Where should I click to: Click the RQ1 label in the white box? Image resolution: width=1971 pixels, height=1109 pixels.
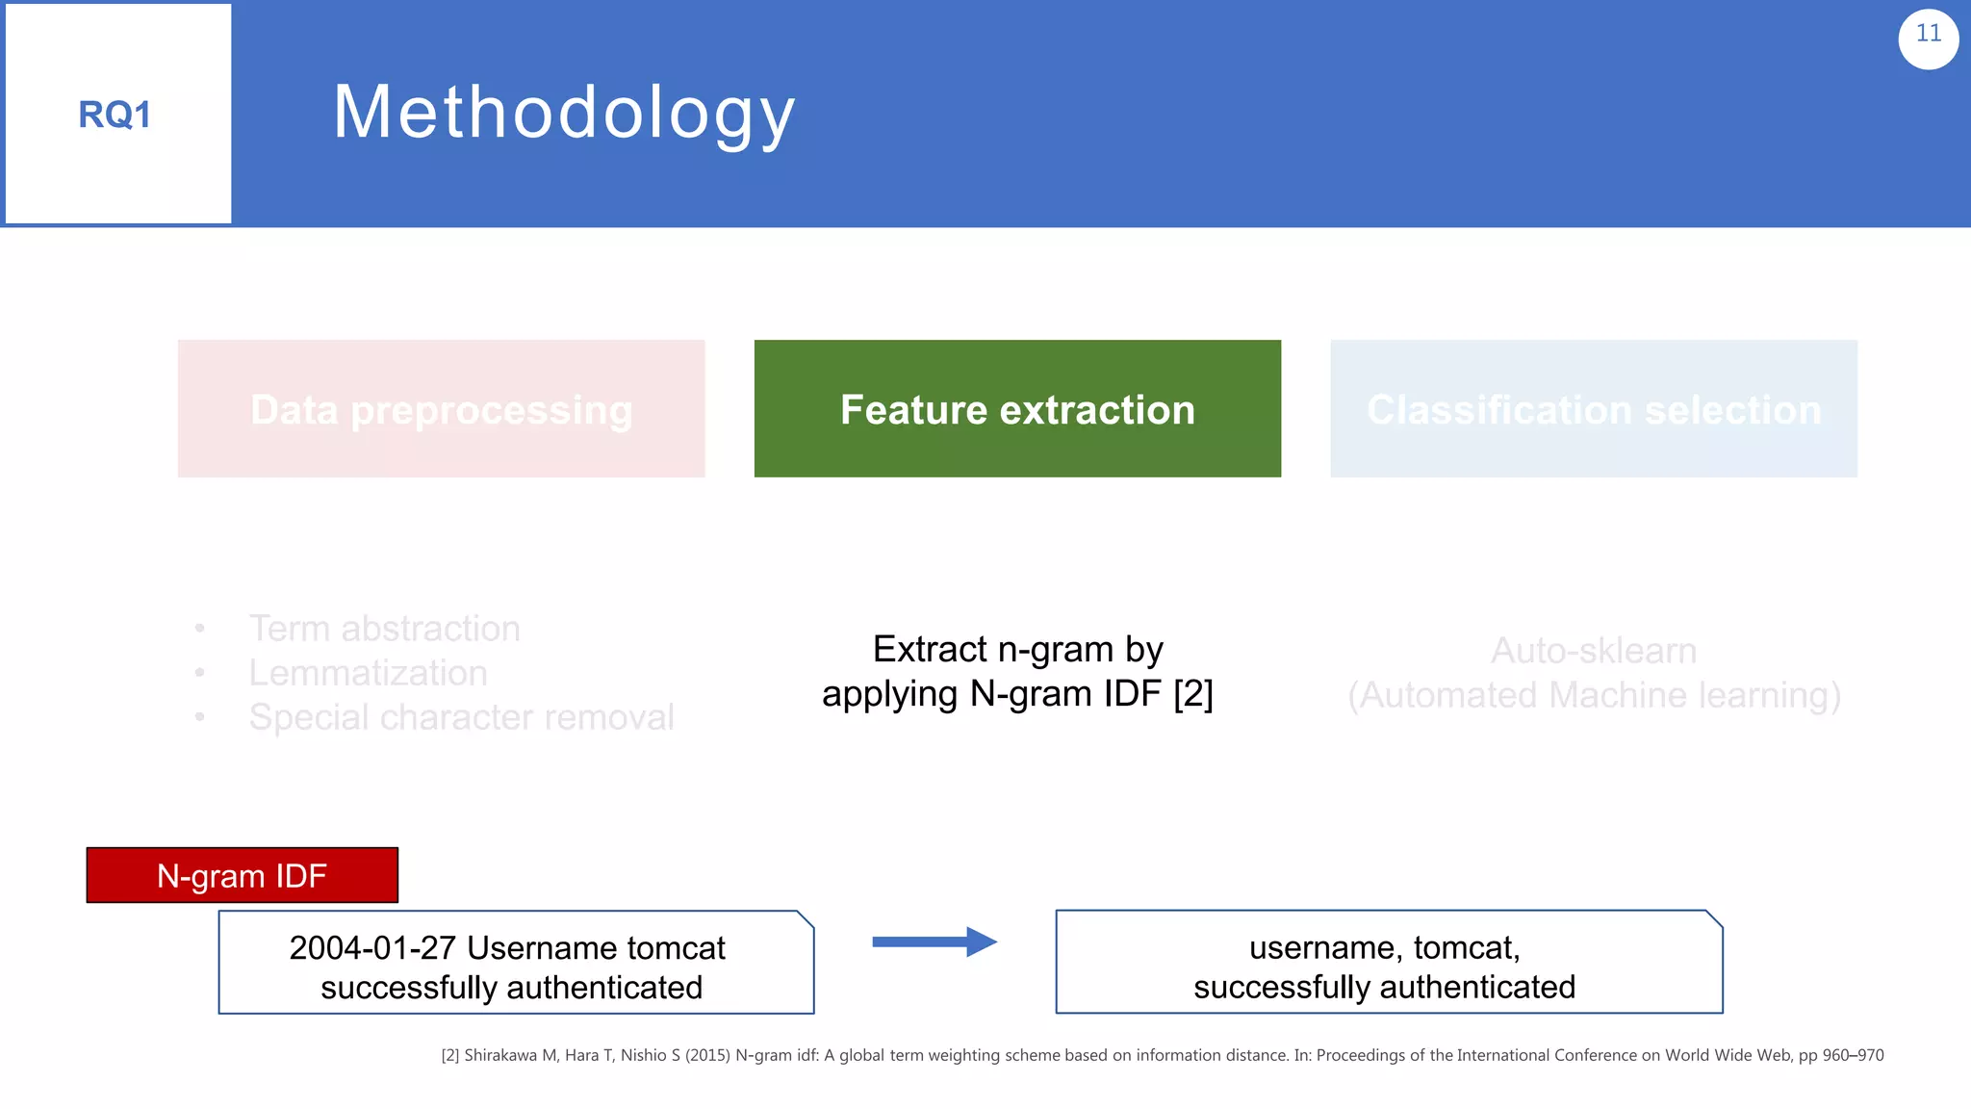(x=115, y=116)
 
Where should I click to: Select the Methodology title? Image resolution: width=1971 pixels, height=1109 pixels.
(x=564, y=114)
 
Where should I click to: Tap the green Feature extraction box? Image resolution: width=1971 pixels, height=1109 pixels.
(x=1017, y=409)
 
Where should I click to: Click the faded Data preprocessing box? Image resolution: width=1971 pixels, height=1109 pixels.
(x=441, y=409)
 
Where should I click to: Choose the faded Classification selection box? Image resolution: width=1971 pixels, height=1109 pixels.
(x=1593, y=409)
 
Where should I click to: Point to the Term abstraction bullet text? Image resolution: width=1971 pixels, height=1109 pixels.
(x=384, y=629)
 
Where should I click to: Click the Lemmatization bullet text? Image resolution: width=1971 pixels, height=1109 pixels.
(x=368, y=673)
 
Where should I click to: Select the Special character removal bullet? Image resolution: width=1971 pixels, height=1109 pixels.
(x=461, y=717)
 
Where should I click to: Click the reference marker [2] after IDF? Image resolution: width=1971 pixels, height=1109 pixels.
(x=1192, y=694)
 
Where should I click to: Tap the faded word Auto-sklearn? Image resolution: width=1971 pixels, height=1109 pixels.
(x=1593, y=651)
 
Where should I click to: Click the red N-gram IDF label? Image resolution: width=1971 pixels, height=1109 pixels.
(x=242, y=876)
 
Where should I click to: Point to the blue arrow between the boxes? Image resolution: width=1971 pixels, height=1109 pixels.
(x=934, y=941)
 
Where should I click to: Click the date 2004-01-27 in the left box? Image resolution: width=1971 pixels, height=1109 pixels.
(x=371, y=948)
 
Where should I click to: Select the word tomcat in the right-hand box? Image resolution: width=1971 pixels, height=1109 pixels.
(x=1466, y=948)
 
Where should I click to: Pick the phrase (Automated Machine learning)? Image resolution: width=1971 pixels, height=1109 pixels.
(x=1593, y=695)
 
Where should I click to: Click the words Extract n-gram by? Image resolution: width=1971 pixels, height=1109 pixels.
(x=1017, y=650)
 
